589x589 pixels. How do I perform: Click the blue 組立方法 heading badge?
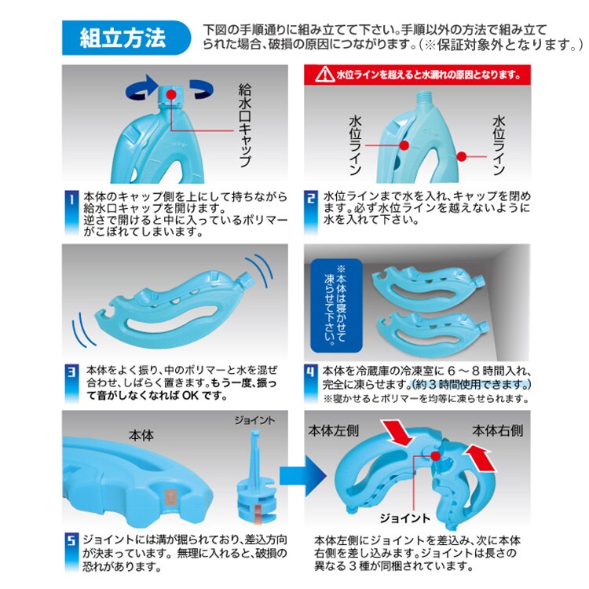click(x=126, y=38)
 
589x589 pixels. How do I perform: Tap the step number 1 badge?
click(x=71, y=213)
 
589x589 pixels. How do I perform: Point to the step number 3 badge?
click(x=71, y=383)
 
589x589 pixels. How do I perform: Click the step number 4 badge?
click(x=311, y=383)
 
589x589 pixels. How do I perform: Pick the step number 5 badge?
click(x=71, y=552)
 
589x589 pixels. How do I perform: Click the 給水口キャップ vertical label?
click(x=245, y=126)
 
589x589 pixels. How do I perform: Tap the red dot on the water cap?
click(x=171, y=94)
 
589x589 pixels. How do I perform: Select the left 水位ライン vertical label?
click(x=355, y=145)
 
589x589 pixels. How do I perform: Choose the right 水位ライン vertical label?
click(x=499, y=145)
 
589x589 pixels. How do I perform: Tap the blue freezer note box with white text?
click(x=336, y=305)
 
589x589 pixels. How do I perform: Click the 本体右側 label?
click(x=497, y=430)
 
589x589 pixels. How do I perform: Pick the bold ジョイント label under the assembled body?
click(x=404, y=518)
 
